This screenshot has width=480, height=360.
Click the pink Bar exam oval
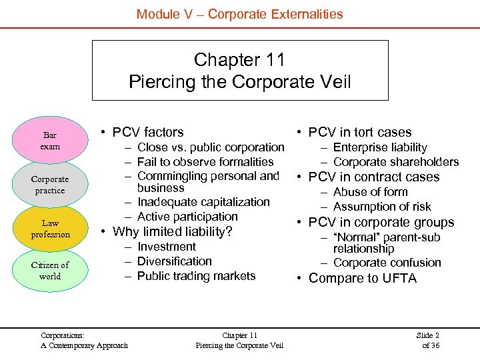[x=50, y=140]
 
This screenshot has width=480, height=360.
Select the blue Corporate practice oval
[x=50, y=185]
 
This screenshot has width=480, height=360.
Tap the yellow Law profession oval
[x=50, y=229]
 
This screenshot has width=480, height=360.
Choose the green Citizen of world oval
[x=50, y=270]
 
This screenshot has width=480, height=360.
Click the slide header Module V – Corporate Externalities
[x=239, y=13]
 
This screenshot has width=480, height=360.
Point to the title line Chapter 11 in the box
[x=239, y=60]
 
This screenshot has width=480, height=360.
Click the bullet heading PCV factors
[x=148, y=132]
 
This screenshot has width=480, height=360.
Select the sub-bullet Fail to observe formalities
[x=205, y=161]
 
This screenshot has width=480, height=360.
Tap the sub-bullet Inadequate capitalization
[x=203, y=202]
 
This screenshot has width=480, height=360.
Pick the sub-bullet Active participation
[x=187, y=217]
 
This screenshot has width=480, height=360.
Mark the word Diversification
[x=174, y=261]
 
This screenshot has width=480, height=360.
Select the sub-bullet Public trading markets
[x=196, y=276]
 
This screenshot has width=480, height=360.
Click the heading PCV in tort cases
[x=360, y=132]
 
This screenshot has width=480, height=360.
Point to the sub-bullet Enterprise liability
[x=380, y=147]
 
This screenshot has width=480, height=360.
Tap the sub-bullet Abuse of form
[x=371, y=192]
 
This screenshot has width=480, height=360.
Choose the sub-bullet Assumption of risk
[x=382, y=207]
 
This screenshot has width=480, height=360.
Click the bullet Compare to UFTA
[x=362, y=279]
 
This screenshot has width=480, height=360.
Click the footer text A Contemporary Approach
[x=84, y=345]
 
